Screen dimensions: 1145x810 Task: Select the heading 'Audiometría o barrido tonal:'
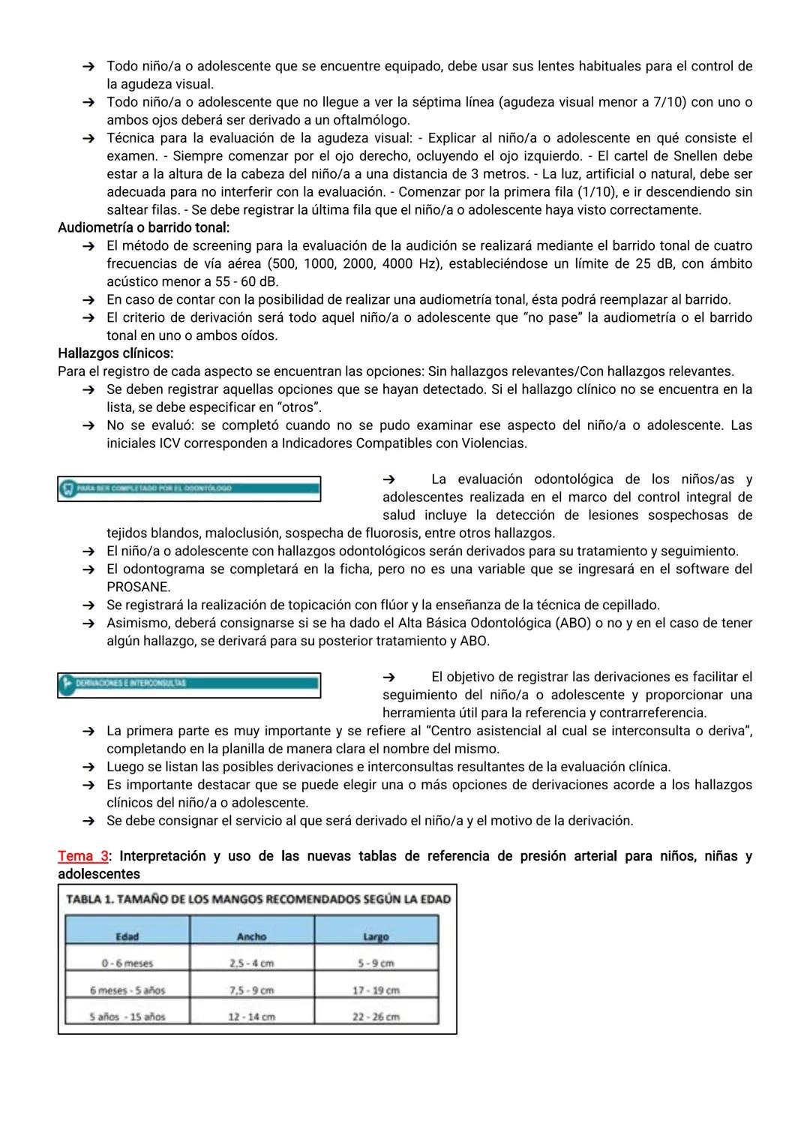coord(143,227)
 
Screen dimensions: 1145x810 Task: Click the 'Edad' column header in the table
coord(127,936)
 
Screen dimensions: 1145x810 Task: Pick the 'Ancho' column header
coord(251,936)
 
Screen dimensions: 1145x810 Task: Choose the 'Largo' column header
coord(376,936)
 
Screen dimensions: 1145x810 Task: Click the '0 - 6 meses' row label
coord(127,963)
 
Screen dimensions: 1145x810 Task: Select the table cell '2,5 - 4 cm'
coord(251,963)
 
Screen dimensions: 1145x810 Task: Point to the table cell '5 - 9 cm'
coord(376,963)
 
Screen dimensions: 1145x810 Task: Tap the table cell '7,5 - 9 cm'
coord(251,990)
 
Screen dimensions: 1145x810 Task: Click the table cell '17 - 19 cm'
coord(376,990)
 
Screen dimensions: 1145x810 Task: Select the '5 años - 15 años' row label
coord(127,1017)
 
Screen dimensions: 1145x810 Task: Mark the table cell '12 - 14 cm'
coord(251,1017)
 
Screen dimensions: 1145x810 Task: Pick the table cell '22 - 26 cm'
coord(376,1017)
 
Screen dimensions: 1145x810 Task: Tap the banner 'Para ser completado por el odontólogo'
coord(189,488)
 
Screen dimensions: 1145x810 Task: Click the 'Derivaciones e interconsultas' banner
coord(189,684)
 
